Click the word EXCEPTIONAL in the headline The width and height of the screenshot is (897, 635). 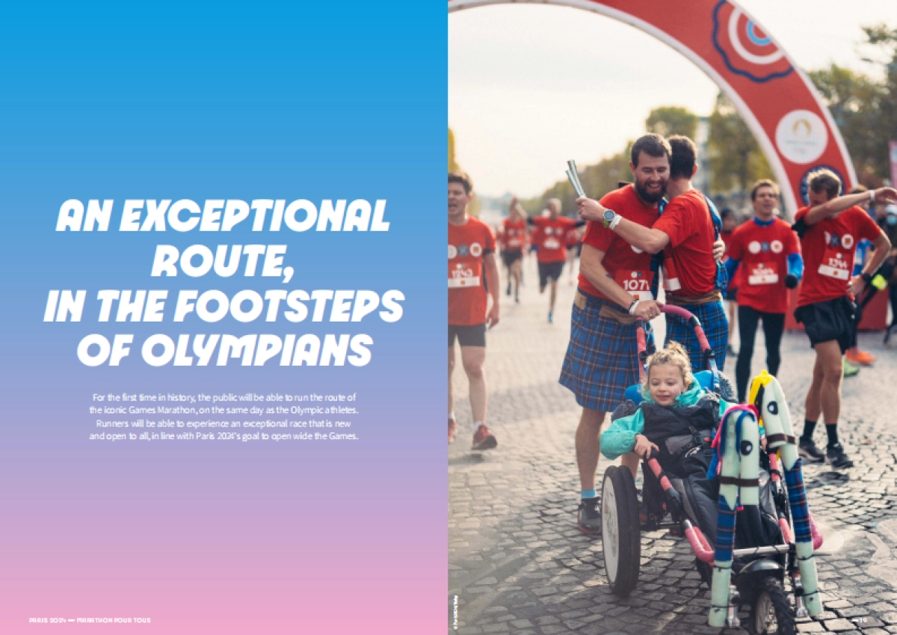[x=254, y=216]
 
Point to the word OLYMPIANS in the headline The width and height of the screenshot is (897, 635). [x=258, y=349]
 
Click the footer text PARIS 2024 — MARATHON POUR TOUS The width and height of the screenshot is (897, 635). [x=90, y=620]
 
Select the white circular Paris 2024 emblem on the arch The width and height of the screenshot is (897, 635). [x=801, y=136]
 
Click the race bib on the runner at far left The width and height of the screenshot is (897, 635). [x=464, y=277]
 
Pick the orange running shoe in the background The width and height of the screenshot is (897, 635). [x=861, y=357]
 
